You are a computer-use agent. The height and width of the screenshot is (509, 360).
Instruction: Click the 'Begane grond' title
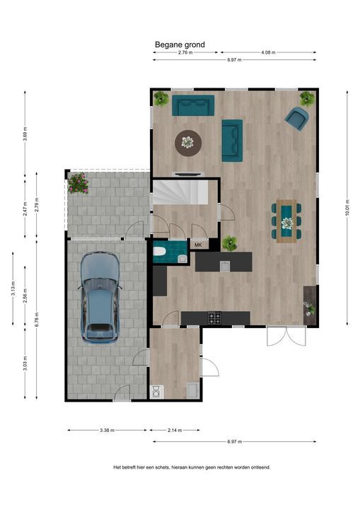click(180, 45)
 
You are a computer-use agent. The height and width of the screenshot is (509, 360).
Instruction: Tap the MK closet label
click(198, 245)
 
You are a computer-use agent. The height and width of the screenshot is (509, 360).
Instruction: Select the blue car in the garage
click(100, 298)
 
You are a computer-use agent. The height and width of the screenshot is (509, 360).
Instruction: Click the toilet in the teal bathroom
click(161, 252)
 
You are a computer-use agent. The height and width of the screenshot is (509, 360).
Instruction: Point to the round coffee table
click(188, 143)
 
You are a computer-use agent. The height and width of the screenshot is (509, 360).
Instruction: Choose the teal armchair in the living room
click(296, 119)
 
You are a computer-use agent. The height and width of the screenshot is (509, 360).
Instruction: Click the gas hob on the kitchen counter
click(214, 318)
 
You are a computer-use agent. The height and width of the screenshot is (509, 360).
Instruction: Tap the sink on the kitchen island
click(224, 267)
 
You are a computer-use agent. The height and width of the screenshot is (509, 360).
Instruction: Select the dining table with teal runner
click(286, 221)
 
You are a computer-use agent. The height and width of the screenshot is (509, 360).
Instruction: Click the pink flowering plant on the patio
click(78, 183)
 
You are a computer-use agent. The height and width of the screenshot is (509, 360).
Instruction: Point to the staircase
click(180, 192)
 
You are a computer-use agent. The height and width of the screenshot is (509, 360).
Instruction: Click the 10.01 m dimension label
click(347, 208)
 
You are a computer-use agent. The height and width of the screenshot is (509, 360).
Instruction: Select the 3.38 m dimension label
click(108, 431)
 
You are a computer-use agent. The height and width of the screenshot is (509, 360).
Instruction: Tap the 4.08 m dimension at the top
click(268, 52)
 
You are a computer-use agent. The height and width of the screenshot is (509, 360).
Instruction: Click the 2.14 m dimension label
click(175, 431)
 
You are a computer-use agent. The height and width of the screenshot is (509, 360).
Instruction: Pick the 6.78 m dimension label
click(36, 320)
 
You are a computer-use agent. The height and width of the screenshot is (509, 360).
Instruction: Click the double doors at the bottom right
click(286, 336)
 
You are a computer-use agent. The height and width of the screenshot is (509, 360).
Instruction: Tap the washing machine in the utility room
click(156, 392)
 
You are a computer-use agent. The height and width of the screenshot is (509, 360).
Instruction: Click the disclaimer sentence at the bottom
click(192, 467)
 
